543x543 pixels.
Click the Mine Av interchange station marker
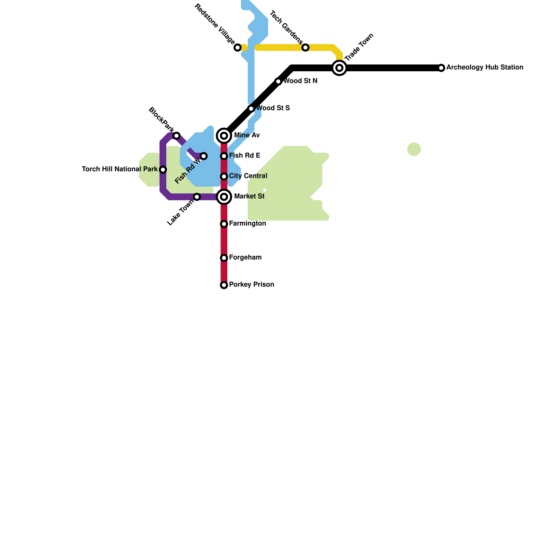point(224,136)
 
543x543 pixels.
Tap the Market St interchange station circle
point(224,197)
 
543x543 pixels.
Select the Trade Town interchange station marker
point(339,68)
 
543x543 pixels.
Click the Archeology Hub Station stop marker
point(441,68)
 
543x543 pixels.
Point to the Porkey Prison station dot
point(224,285)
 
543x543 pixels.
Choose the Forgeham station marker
point(224,258)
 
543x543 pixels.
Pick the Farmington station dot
point(224,224)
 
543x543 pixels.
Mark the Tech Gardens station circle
point(305,48)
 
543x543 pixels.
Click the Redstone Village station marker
point(238,48)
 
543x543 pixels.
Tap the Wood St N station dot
point(278,81)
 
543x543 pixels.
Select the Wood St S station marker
point(251,109)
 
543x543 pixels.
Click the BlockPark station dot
point(176,136)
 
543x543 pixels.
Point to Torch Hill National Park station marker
point(163,170)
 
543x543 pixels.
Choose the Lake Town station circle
point(197,197)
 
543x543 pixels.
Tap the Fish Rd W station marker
point(204,156)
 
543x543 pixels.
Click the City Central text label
point(248,176)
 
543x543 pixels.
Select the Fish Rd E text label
point(244,156)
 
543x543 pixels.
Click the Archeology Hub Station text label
point(485,68)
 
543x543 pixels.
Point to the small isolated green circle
point(414,149)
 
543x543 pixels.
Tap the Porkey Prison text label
point(251,285)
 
